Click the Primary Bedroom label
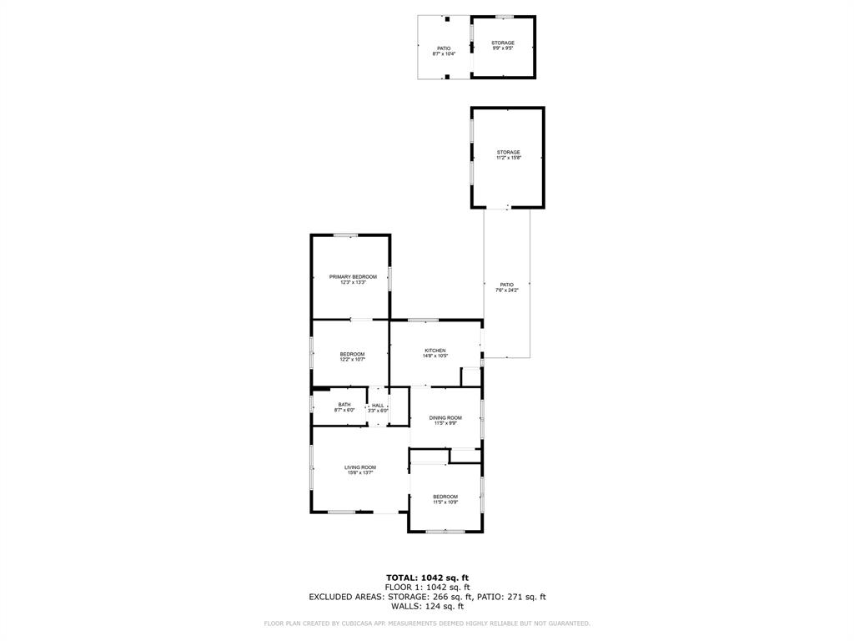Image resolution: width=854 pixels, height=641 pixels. pos(353,277)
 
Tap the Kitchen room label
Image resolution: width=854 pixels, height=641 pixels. pos(435,351)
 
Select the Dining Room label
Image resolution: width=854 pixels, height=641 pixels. pos(445,417)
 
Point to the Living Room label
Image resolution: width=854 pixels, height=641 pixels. pos(360,467)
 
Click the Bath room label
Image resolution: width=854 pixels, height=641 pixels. pos(344,405)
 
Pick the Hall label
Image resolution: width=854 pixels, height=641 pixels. pos(378,405)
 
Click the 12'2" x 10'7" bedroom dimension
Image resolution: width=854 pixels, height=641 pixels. pos(352,360)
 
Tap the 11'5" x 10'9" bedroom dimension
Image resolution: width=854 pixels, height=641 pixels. pos(445,502)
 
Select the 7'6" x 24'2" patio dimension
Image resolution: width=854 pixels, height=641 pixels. pos(507,290)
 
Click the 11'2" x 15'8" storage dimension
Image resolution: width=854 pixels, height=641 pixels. pos(508,158)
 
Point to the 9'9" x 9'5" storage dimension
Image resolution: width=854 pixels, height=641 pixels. pos(502,48)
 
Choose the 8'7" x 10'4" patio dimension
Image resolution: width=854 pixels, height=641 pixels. pos(444,53)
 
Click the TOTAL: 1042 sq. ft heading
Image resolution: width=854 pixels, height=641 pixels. pos(427,578)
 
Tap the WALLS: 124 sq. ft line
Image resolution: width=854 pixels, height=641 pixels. pos(427,606)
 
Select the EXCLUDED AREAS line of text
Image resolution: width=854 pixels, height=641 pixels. pos(427,597)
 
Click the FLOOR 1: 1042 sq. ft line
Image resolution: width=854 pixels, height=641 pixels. pos(427,588)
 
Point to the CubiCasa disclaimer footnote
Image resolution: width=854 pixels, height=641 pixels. pos(427,623)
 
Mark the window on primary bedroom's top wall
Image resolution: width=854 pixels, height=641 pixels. pos(346,235)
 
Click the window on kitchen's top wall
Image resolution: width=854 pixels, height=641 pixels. pos(423,320)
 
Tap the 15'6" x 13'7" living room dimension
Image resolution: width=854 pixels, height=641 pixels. pos(360,473)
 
